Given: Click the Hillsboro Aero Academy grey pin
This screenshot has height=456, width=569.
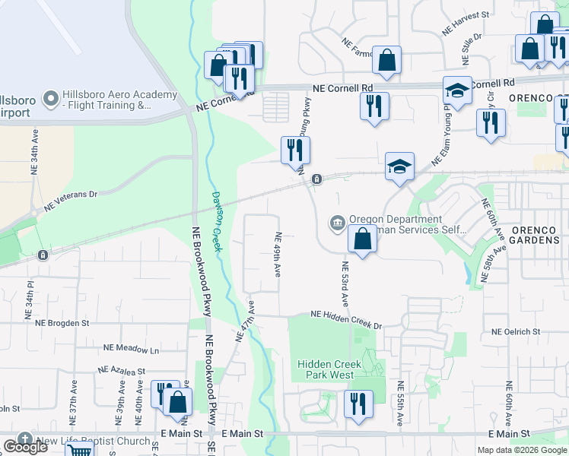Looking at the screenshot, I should point(51,98).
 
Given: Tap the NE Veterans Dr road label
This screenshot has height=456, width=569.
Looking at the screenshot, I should point(72,200).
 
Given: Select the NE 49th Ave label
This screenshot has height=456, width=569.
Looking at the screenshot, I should point(278,255).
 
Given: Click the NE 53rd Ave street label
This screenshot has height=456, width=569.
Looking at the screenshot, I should point(344,283).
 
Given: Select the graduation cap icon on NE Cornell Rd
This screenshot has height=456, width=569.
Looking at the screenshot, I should point(457,90).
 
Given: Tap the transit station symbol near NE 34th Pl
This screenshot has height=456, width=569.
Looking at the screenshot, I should point(43,255).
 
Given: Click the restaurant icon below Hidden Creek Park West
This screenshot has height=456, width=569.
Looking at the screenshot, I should point(358,403).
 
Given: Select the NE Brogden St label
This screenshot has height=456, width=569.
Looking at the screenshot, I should point(62,322).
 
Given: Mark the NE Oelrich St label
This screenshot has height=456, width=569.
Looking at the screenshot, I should point(520,331).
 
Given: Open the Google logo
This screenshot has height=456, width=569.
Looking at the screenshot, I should point(25,446).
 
